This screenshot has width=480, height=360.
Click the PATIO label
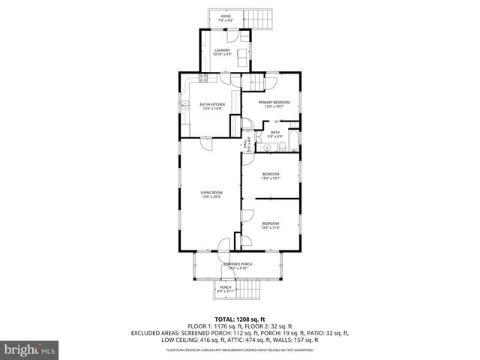(225, 14)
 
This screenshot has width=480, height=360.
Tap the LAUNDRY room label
(222, 50)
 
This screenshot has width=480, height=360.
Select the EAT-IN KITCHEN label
(212, 104)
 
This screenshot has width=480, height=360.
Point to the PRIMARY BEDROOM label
(274, 102)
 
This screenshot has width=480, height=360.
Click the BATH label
(275, 133)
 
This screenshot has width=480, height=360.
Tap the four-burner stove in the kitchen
(203, 78)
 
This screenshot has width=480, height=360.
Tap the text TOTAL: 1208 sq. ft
(239, 319)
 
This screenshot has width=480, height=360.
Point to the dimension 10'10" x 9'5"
(222, 55)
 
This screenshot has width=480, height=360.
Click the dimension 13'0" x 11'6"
(270, 227)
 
